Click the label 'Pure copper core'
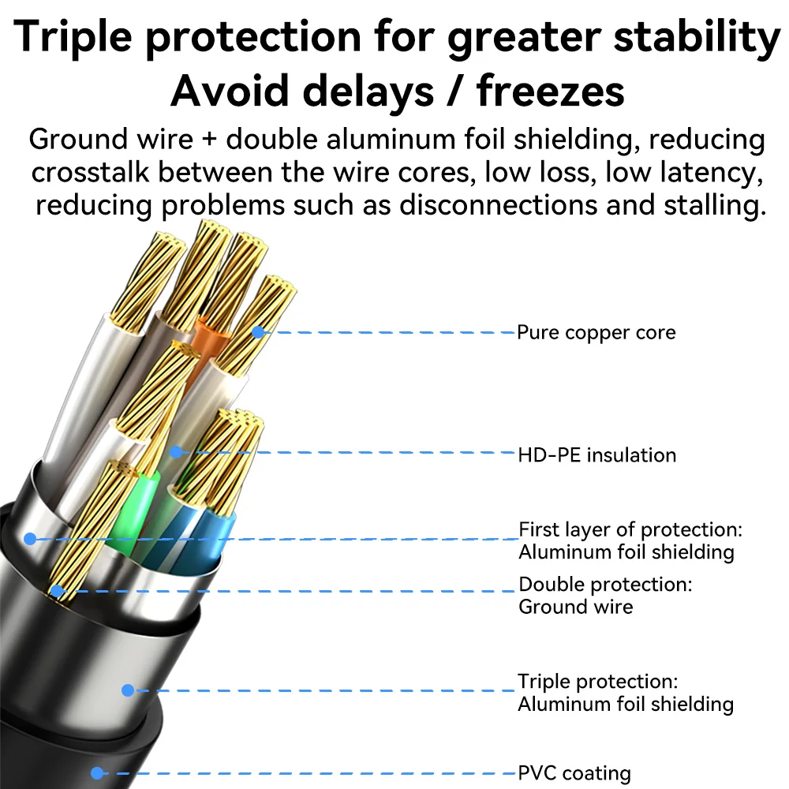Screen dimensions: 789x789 click(x=596, y=333)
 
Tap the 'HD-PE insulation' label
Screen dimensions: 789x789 click(x=596, y=455)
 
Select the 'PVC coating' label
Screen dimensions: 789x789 click(x=574, y=772)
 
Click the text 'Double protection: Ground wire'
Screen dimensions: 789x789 click(x=605, y=595)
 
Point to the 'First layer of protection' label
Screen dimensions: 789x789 click(x=630, y=529)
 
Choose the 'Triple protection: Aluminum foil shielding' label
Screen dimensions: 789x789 click(x=626, y=693)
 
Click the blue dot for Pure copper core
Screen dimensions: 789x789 click(x=258, y=332)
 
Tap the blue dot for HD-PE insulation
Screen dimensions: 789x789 click(x=176, y=452)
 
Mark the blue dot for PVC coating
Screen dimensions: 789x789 click(x=97, y=773)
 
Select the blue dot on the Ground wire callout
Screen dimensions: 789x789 click(x=57, y=591)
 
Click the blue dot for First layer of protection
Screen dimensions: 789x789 click(x=30, y=539)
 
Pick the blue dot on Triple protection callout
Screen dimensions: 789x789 click(x=128, y=690)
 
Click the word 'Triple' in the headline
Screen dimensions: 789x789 click(x=73, y=37)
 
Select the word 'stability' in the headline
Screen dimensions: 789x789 click(x=697, y=37)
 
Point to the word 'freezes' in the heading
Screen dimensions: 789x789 click(x=551, y=91)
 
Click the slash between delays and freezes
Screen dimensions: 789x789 click(x=455, y=91)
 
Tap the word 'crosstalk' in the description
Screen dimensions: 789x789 click(x=90, y=172)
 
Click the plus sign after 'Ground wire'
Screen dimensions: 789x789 click(x=209, y=140)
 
